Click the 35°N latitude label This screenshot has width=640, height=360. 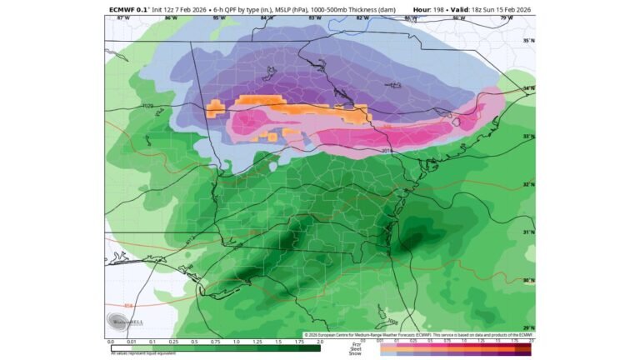pyautogui.click(x=527, y=41)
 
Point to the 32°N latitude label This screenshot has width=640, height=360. pyautogui.click(x=527, y=184)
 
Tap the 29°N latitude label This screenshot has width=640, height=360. pyautogui.click(x=527, y=327)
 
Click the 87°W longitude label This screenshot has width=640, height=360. pyautogui.click(x=123, y=17)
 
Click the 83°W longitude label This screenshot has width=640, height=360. pyautogui.click(x=314, y=17)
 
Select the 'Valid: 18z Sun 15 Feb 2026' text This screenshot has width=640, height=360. pyautogui.click(x=492, y=9)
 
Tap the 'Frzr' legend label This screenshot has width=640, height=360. pyautogui.click(x=357, y=343)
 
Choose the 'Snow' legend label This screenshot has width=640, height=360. pyautogui.click(x=356, y=353)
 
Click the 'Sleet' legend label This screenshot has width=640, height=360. pyautogui.click(x=356, y=348)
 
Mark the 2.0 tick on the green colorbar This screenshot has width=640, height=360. pyautogui.click(x=320, y=341)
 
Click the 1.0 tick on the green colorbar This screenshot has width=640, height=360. pyautogui.click(x=236, y=341)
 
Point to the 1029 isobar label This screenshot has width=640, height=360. pyautogui.click(x=147, y=106)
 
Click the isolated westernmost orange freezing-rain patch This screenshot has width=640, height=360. pyautogui.click(x=215, y=107)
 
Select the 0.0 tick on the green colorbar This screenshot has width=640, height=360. pyautogui.click(x=110, y=341)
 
